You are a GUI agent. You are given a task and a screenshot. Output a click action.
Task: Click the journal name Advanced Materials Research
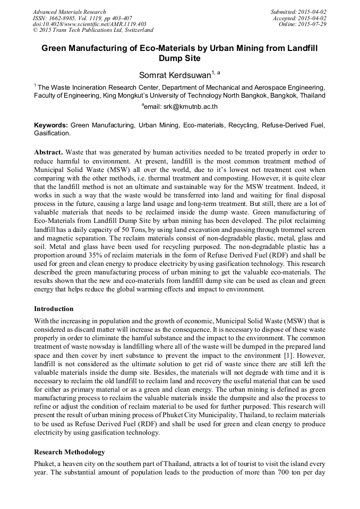[x=69, y=12]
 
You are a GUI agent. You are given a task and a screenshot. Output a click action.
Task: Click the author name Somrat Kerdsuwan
[x=175, y=75]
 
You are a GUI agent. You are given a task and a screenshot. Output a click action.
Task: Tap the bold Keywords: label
[x=51, y=125]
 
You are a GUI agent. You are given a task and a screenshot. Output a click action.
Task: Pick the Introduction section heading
[x=54, y=308]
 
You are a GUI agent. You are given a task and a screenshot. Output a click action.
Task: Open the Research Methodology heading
[x=70, y=452]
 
